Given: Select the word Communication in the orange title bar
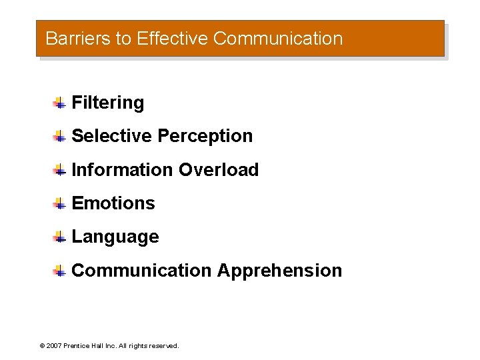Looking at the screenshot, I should (x=278, y=39).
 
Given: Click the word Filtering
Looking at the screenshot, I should (x=107, y=103).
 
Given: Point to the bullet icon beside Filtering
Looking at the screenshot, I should (x=59, y=103).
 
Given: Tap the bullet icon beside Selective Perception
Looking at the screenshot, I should (x=59, y=136).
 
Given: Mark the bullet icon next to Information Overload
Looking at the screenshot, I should (x=59, y=170).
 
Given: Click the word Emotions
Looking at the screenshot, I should (x=113, y=203).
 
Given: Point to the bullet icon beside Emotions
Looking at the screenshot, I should (x=59, y=203).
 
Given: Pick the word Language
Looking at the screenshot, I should (x=115, y=237).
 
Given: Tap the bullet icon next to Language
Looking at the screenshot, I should (x=59, y=237).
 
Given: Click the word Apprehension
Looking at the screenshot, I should (x=279, y=271).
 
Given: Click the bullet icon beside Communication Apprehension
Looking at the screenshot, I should (x=59, y=271).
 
